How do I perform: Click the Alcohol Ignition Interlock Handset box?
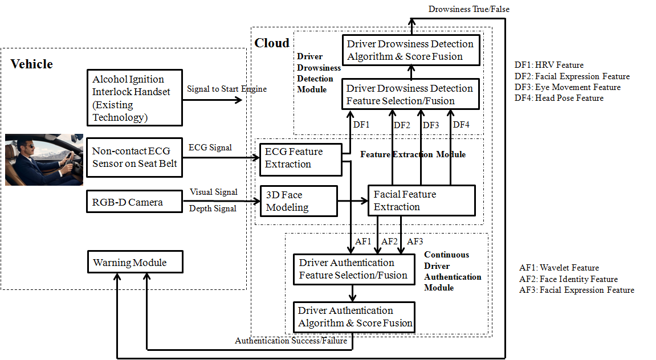click(x=135, y=98)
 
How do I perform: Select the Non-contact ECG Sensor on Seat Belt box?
click(x=135, y=158)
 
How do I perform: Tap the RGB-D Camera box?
click(x=135, y=202)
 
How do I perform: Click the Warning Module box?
click(x=135, y=263)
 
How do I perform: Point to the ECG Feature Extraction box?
click(x=300, y=158)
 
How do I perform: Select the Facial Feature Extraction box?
click(x=421, y=201)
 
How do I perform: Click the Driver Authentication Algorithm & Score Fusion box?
click(x=354, y=317)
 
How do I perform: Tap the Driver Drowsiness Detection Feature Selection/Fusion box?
click(x=410, y=95)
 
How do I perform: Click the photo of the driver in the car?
click(x=44, y=160)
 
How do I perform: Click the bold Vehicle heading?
click(x=32, y=64)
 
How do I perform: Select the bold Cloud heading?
click(x=272, y=43)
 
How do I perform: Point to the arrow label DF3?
click(x=431, y=125)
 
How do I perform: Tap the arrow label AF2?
click(x=389, y=242)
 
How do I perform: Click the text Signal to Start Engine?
click(x=227, y=89)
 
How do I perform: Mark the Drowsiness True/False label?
click(x=468, y=9)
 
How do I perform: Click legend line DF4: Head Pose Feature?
click(x=559, y=98)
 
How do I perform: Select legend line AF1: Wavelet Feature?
click(x=559, y=268)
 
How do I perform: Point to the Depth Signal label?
click(x=213, y=209)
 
